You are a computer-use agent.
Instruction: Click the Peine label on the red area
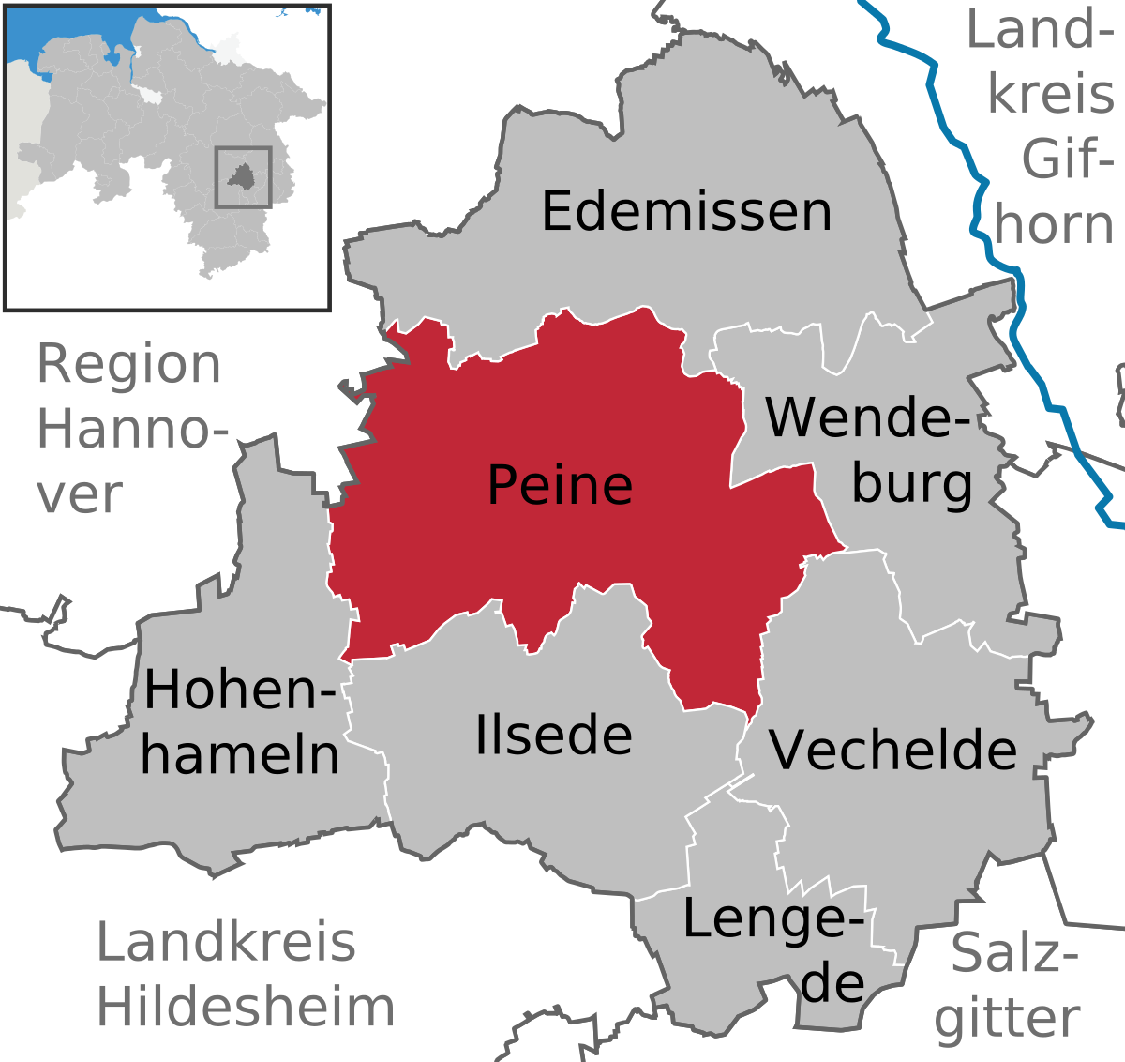pos(560,485)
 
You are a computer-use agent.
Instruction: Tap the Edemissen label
pos(686,211)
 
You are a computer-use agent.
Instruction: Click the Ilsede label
pos(553,735)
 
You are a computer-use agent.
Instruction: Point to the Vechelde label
pos(892,750)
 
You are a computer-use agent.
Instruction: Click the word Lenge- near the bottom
pos(772,918)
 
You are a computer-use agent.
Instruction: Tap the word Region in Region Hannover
pos(128,364)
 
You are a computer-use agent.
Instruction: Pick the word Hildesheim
pos(246,1007)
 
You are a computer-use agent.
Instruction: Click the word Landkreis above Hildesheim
pos(226,942)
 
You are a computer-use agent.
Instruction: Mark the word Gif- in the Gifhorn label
pos(1067,159)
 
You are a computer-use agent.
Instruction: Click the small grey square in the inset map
pos(243,176)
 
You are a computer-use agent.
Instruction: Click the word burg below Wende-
pos(911,483)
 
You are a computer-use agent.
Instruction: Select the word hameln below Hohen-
pos(240,755)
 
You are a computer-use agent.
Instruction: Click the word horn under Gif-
pos(1054,225)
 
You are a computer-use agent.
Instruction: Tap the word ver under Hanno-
pos(80,495)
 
